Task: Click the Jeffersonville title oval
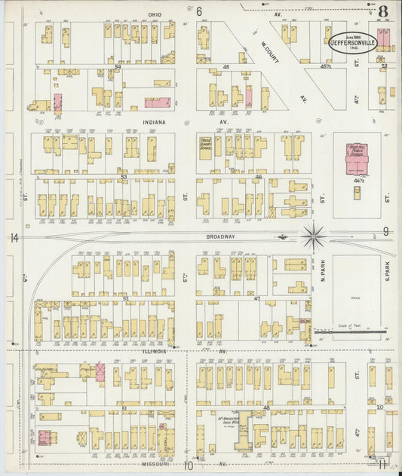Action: coord(354,42)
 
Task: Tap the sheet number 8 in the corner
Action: coord(383,12)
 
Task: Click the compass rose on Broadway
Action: coord(313,236)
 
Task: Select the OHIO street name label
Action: coord(155,14)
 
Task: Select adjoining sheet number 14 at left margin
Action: coord(14,239)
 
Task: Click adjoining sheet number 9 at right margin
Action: coord(385,231)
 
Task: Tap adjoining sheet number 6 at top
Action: coord(199,11)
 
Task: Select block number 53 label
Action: coord(123,177)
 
